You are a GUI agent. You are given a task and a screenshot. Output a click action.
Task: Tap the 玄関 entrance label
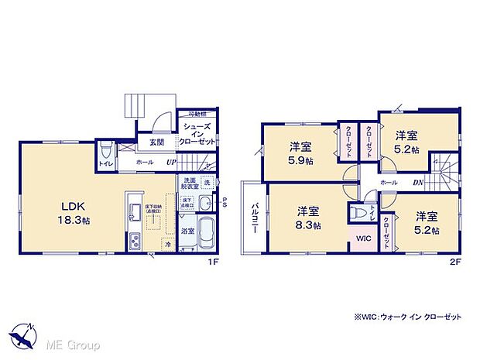click(156, 142)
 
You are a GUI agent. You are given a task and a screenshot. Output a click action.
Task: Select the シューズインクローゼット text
click(197, 134)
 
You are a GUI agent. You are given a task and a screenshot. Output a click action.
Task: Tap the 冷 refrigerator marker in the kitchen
click(167, 244)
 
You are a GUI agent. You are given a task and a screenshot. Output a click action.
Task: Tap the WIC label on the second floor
click(362, 239)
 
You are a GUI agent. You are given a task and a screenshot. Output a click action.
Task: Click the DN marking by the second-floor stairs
click(418, 182)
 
